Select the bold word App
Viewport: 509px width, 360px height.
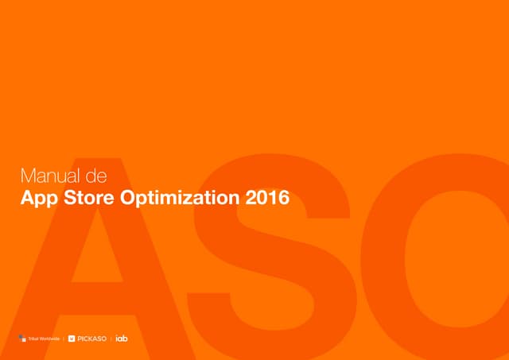pyautogui.click(x=40, y=197)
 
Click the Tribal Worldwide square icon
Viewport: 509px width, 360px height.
pyautogui.click(x=22, y=339)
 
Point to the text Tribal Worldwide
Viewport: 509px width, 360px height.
pyautogui.click(x=44, y=339)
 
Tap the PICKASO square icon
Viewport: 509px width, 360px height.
pyautogui.click(x=72, y=339)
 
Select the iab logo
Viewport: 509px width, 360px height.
pyautogui.click(x=122, y=339)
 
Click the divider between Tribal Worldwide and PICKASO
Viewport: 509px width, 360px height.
pyautogui.click(x=64, y=339)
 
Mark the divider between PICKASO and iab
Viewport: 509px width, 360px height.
pyautogui.click(x=112, y=339)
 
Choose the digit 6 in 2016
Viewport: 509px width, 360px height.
pyautogui.click(x=283, y=196)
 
